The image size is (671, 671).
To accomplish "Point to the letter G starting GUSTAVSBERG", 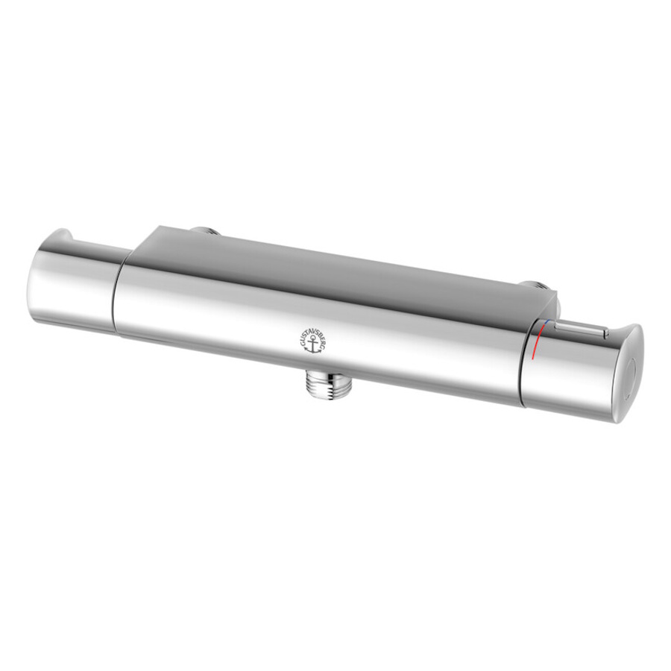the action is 300,347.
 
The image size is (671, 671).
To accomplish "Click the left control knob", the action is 73,283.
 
